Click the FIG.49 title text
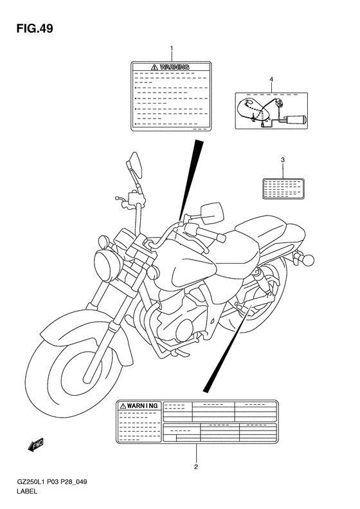[x=30, y=29]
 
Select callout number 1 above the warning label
[x=171, y=49]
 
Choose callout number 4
[x=271, y=79]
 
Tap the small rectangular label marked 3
[x=282, y=189]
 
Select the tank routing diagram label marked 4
[x=271, y=113]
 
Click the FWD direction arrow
[x=35, y=443]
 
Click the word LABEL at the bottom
[x=25, y=492]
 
